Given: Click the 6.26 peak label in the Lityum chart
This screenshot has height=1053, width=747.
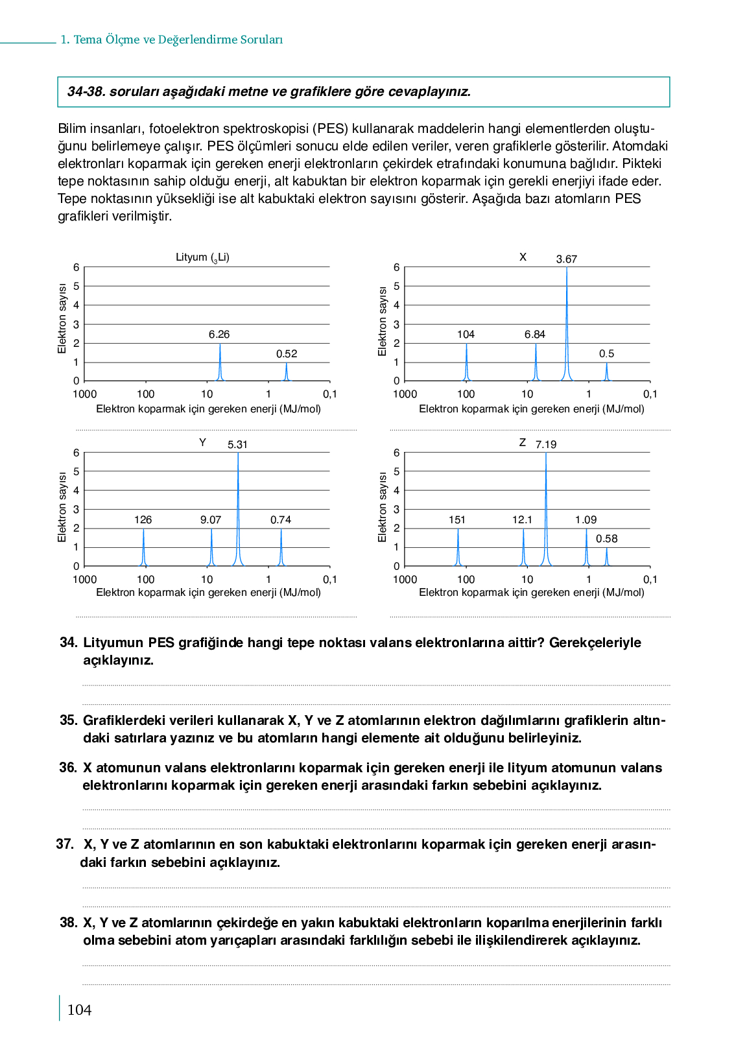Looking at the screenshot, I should [219, 335].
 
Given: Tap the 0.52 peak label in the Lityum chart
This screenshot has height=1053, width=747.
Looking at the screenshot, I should [287, 354].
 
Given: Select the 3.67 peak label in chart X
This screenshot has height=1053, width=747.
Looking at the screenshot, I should [566, 259].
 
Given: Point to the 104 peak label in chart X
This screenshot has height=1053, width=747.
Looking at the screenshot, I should [466, 335].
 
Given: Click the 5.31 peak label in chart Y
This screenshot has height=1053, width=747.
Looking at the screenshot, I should [237, 445].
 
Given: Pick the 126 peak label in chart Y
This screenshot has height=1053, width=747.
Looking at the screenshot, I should [143, 520].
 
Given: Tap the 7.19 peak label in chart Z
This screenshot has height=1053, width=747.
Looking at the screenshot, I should [546, 445].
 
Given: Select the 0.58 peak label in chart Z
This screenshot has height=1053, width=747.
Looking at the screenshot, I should [606, 539].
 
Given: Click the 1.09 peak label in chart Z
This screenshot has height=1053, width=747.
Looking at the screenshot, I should [586, 520].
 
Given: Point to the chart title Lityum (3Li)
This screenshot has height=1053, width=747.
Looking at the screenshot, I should [202, 257].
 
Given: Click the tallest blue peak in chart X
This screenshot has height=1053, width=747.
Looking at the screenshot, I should [567, 324].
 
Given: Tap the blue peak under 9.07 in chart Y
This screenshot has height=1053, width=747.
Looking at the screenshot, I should [211, 548].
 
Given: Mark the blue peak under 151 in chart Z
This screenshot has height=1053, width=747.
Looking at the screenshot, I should [458, 548].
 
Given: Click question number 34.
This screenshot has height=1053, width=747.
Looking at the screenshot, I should [68, 643].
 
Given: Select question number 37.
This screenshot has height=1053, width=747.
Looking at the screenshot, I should [65, 844].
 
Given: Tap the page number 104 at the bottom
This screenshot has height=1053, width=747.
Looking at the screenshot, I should [79, 1010].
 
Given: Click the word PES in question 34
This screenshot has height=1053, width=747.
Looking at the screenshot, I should [161, 643].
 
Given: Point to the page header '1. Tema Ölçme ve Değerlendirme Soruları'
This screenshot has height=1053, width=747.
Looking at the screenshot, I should [172, 40].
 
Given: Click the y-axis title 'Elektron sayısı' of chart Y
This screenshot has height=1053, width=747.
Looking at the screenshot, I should [62, 507].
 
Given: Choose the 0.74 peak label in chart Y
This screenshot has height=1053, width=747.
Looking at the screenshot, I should [281, 520].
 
